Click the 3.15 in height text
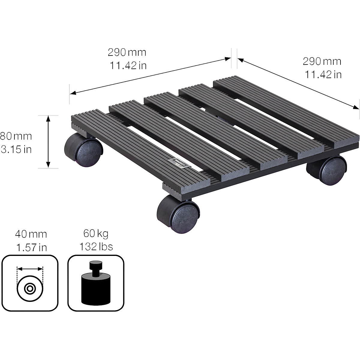(x=16, y=149)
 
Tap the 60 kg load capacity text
(x=96, y=233)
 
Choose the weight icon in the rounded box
(x=96, y=283)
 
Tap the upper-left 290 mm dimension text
(x=127, y=52)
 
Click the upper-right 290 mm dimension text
(x=322, y=61)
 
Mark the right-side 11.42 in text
(x=323, y=74)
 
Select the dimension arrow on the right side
(x=298, y=83)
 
